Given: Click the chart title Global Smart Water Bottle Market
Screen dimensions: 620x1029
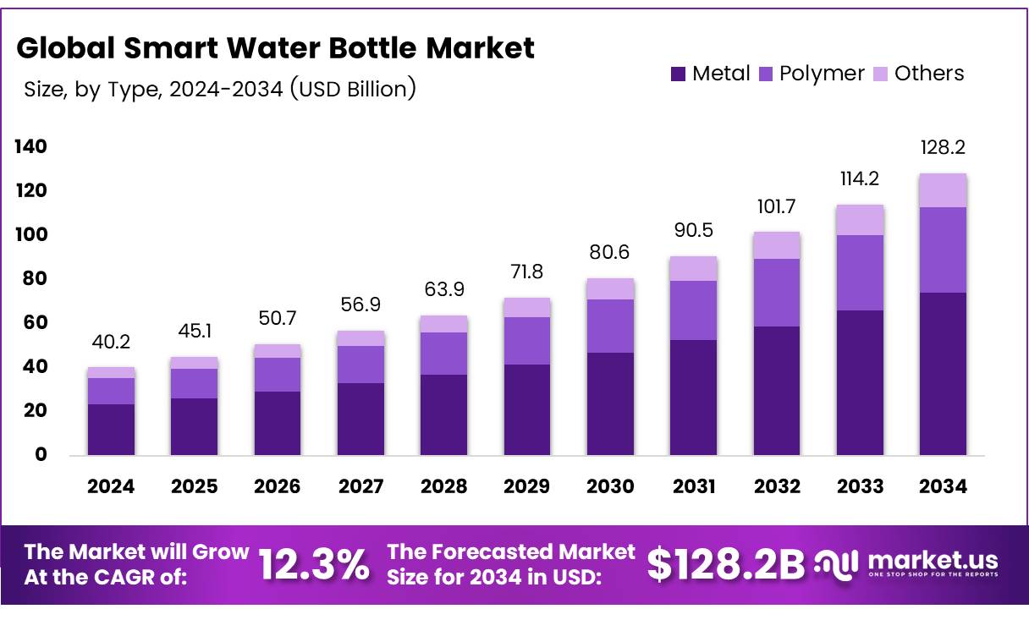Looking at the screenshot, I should point(276,48).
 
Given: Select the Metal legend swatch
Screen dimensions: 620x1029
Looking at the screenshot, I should point(678,74).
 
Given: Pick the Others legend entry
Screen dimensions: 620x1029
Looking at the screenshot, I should point(918,74).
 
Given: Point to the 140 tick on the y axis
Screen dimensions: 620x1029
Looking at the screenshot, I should point(30,147).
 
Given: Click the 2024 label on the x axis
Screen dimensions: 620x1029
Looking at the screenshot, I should point(111,486).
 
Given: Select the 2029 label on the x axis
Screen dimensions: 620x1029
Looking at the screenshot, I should point(526,486).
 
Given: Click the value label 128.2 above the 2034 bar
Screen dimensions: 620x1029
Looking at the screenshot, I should point(943,148).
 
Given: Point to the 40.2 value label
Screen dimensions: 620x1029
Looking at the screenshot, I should point(111,343).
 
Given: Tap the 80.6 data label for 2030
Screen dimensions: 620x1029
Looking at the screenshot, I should point(610,253).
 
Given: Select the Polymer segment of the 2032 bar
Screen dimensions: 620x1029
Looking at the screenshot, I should point(776,293).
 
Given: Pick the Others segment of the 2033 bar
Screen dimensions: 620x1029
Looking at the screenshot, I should point(860,220).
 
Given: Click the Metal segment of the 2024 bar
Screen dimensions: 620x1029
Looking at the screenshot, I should point(111,430).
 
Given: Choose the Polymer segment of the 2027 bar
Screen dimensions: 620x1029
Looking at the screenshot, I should point(360,365).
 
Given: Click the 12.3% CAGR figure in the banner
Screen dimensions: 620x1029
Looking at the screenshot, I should point(314,565).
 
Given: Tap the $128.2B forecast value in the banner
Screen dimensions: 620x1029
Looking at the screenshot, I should point(726,565).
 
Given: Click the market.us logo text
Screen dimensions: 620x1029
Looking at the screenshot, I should point(933,560).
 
